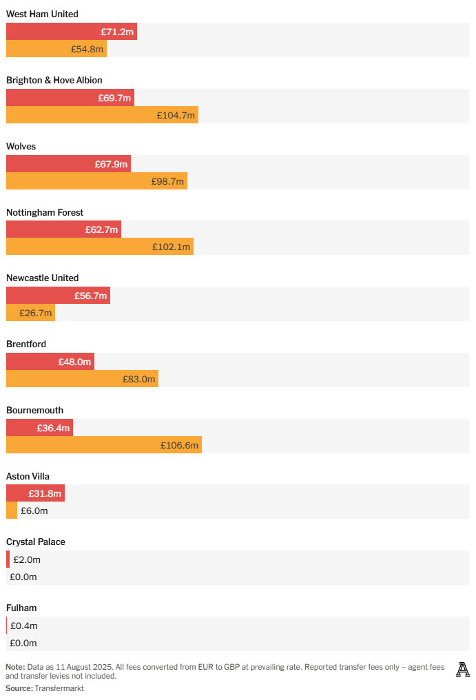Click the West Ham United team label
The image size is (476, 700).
[42, 14]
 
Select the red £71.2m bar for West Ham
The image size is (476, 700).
[72, 31]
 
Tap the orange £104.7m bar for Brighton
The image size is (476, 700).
[102, 115]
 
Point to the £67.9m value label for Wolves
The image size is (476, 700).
[111, 164]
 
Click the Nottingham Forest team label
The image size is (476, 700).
[45, 212]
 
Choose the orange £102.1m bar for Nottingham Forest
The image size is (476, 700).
[100, 247]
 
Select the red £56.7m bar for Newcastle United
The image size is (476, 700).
[58, 295]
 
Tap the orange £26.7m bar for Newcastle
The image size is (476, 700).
[30, 313]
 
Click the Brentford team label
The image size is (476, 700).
[26, 344]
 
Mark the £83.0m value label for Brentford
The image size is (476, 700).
[139, 379]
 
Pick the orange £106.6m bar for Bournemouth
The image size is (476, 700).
[104, 444]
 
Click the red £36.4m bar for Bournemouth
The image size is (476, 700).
[39, 427]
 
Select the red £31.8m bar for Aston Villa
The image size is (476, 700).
[35, 493]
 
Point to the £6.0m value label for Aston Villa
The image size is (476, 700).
[34, 511]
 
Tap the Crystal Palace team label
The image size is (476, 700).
[36, 542]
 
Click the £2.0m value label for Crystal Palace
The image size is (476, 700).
[27, 559]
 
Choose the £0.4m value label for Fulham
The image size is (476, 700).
[24, 626]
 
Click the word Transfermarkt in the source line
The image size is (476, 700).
[59, 688]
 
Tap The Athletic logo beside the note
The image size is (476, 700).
[463, 670]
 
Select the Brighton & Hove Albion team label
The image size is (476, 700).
[54, 80]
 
